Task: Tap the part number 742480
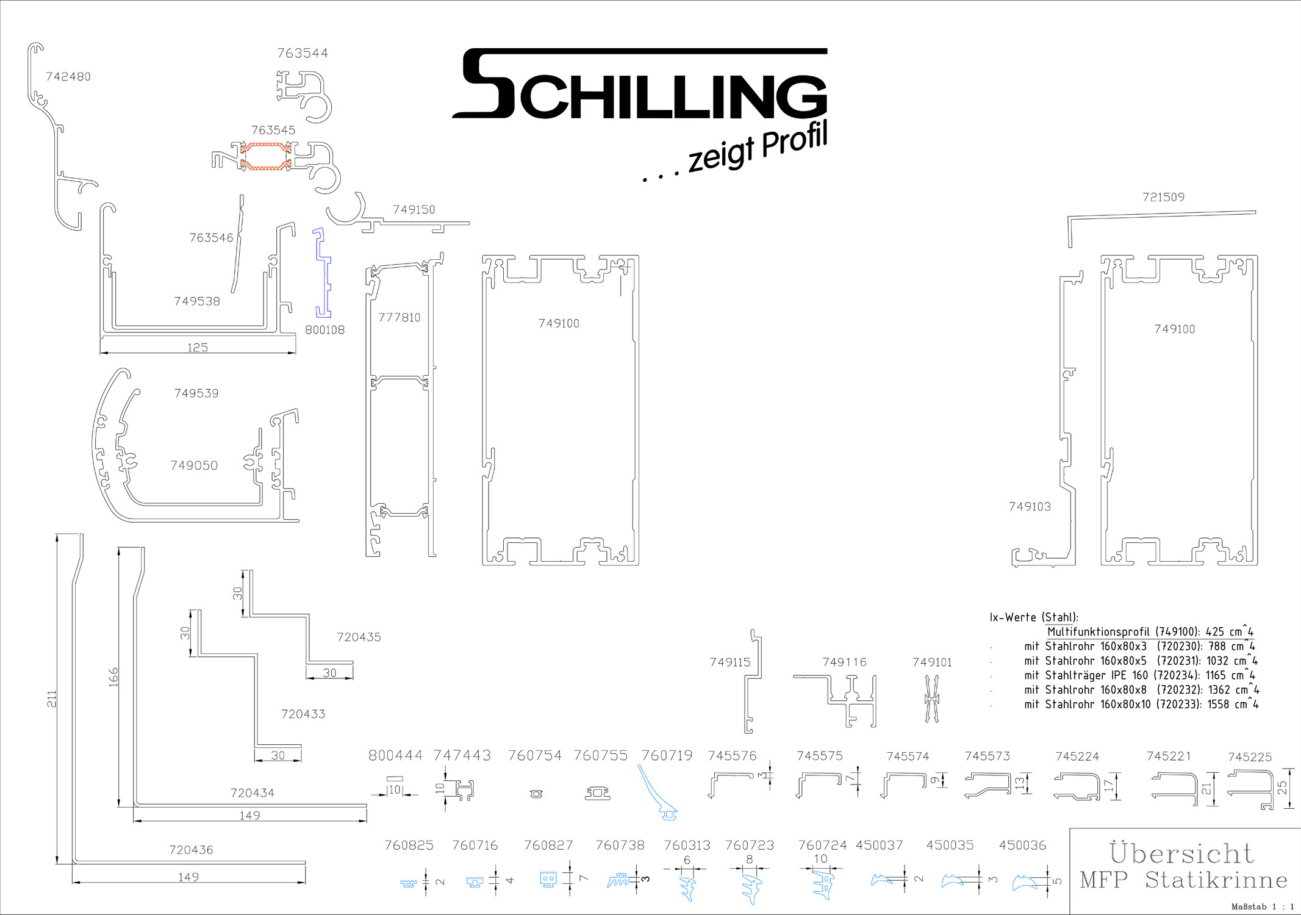click(x=68, y=77)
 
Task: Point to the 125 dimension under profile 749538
click(x=198, y=347)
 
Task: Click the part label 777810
click(x=400, y=317)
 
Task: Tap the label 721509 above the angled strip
click(x=1163, y=197)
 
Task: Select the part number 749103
click(x=1030, y=506)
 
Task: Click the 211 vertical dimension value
click(x=52, y=699)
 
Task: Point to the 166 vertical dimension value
click(x=113, y=677)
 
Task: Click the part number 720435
click(x=359, y=637)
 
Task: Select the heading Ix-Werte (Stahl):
click(x=1034, y=617)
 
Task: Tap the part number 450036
click(x=1022, y=845)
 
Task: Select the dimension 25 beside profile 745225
click(x=1282, y=788)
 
